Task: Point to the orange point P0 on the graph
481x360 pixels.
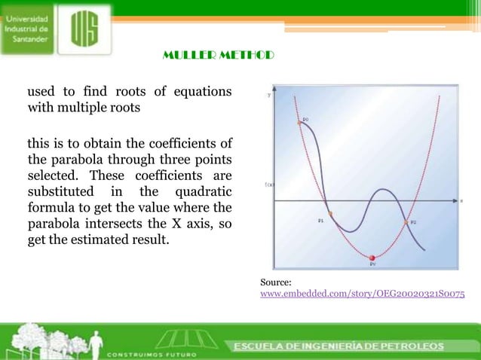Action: [x=299, y=122]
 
